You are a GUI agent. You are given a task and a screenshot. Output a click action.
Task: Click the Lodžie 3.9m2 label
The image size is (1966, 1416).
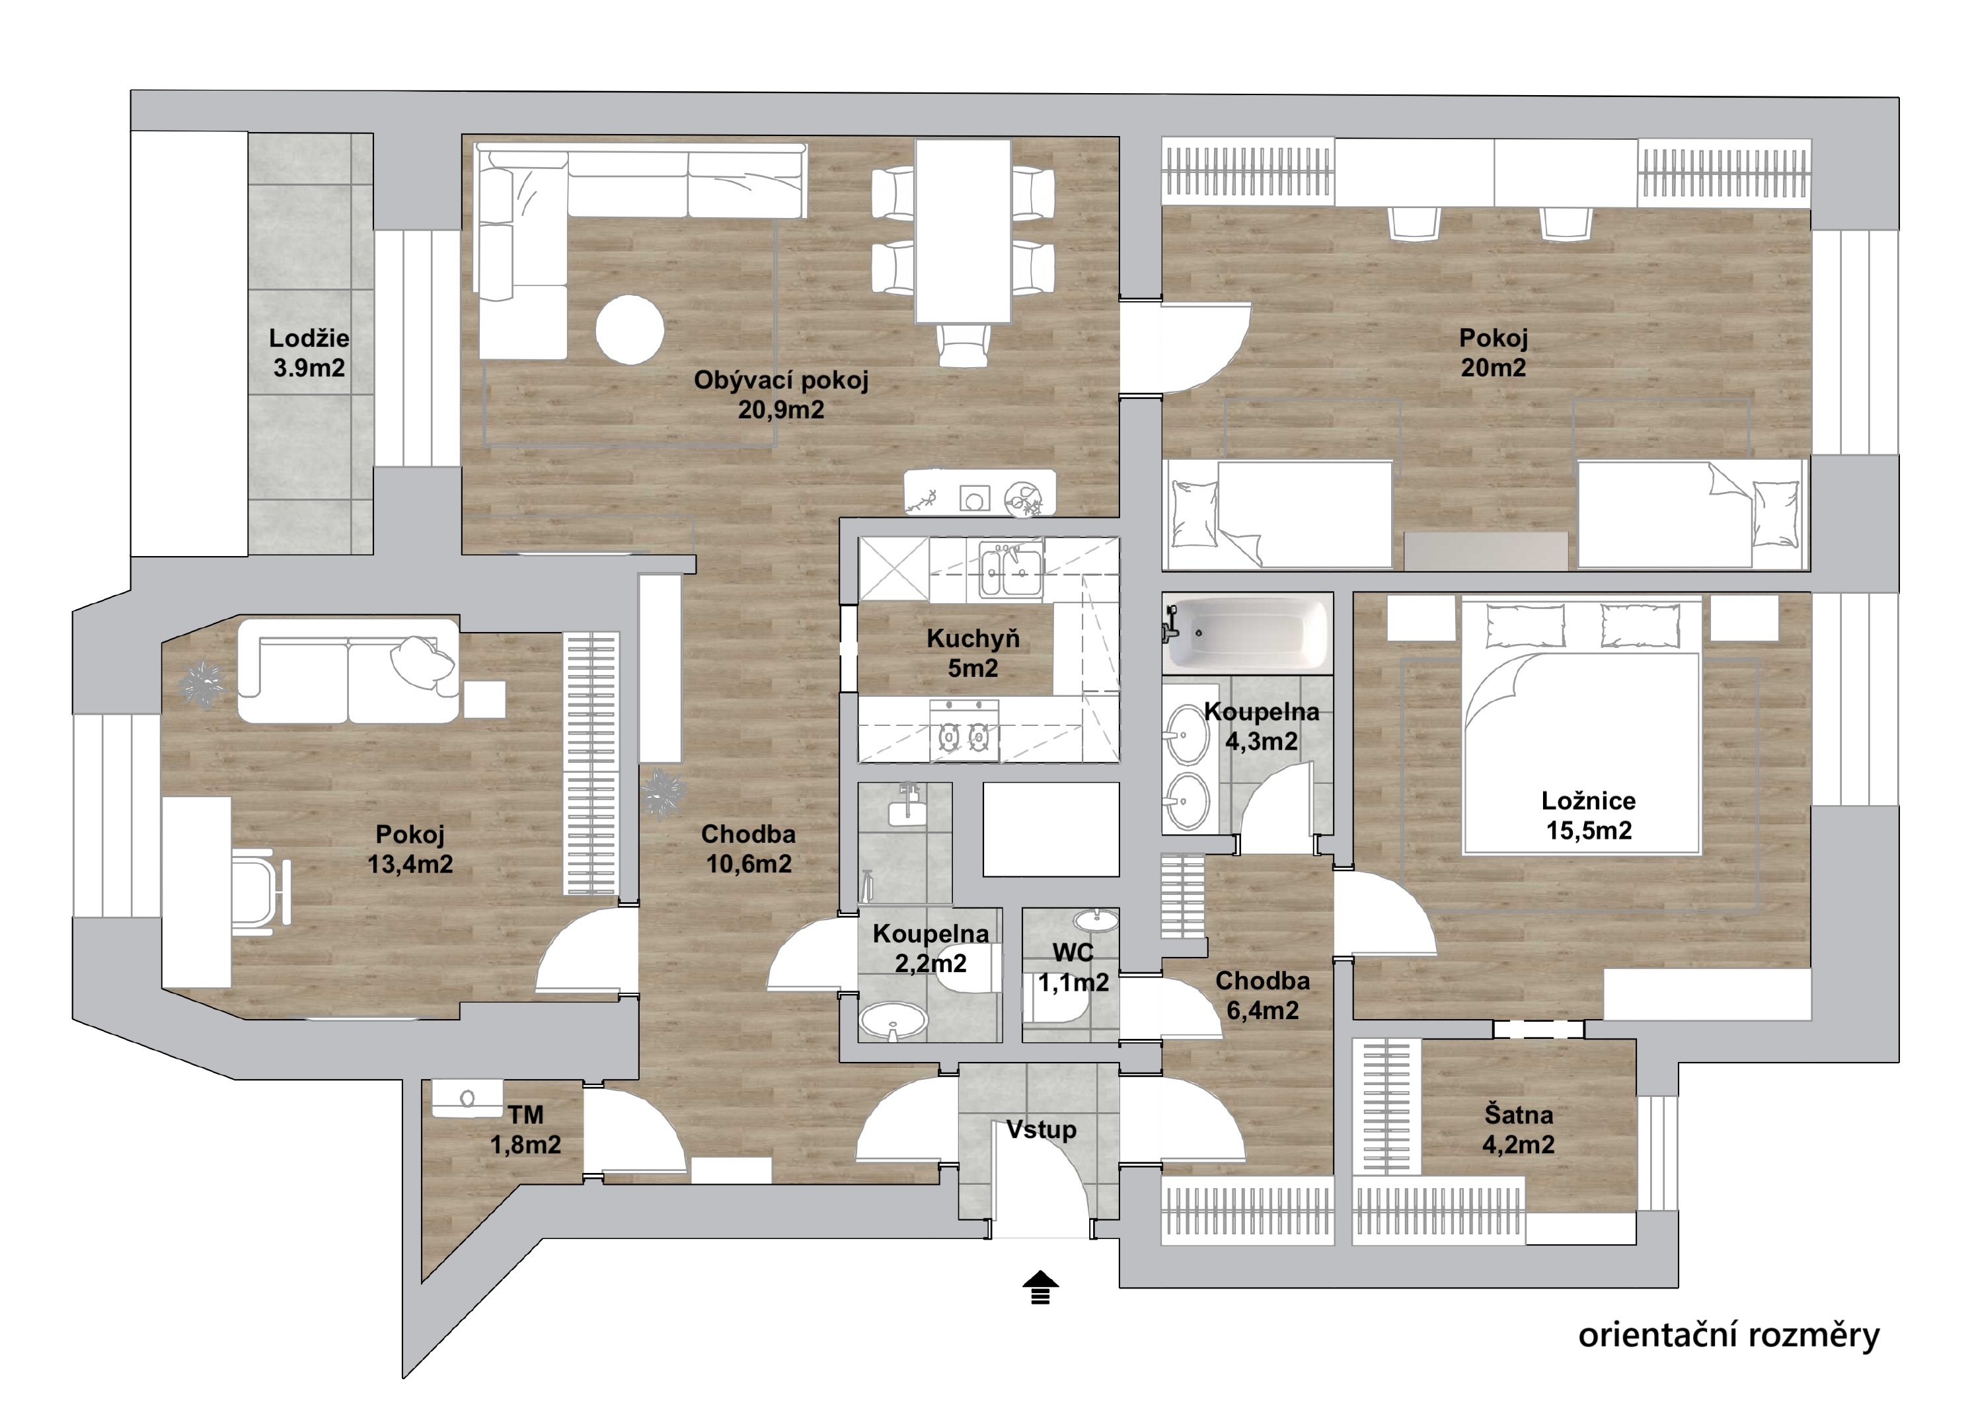pyautogui.click(x=309, y=353)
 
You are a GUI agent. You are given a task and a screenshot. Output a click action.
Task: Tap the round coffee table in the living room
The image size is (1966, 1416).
pyautogui.click(x=630, y=330)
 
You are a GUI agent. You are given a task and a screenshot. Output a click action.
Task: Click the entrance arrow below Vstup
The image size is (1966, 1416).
pyautogui.click(x=1041, y=1287)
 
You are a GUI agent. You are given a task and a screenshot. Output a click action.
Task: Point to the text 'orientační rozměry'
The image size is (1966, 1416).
pyautogui.click(x=1729, y=1335)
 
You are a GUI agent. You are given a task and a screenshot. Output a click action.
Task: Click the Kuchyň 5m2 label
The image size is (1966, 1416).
pyautogui.click(x=973, y=653)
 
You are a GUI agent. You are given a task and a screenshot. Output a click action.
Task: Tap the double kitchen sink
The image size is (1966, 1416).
pyautogui.click(x=1010, y=569)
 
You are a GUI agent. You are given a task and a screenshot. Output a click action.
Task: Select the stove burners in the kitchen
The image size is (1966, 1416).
pyautogui.click(x=965, y=736)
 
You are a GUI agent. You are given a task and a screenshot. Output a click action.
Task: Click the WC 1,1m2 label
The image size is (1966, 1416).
pyautogui.click(x=1073, y=967)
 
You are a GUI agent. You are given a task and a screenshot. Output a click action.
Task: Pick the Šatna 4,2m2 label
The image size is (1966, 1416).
pyautogui.click(x=1518, y=1129)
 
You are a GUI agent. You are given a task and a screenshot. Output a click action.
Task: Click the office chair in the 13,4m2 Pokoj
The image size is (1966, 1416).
pyautogui.click(x=261, y=892)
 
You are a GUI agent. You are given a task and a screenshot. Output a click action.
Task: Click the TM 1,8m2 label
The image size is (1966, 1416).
pyautogui.click(x=525, y=1129)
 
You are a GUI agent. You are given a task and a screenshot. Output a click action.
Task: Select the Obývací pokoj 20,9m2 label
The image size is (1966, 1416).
pyautogui.click(x=781, y=394)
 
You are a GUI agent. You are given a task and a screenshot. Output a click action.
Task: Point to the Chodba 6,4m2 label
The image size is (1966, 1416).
pyautogui.click(x=1262, y=996)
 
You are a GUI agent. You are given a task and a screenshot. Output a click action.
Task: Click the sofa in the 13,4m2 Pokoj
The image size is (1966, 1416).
pyautogui.click(x=348, y=670)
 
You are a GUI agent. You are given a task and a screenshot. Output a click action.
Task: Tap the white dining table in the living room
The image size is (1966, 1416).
pyautogui.click(x=963, y=230)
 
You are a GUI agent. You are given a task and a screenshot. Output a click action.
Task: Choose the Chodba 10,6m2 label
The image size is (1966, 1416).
pyautogui.click(x=748, y=849)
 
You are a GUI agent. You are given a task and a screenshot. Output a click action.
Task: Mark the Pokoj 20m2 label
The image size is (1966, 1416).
pyautogui.click(x=1493, y=353)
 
